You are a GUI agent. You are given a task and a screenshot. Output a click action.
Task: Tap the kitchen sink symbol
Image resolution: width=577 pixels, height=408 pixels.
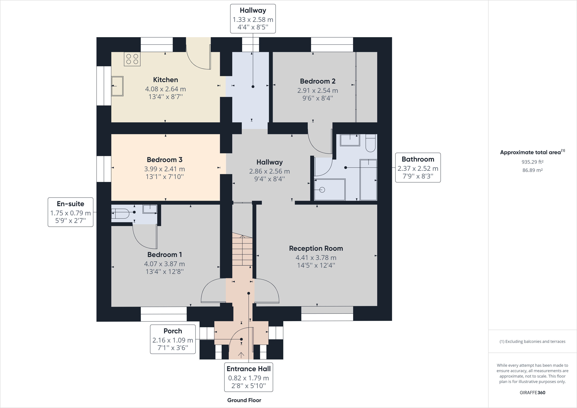(x=117, y=86)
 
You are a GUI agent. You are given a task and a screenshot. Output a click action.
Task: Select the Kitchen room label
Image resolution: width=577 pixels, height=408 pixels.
(x=165, y=80)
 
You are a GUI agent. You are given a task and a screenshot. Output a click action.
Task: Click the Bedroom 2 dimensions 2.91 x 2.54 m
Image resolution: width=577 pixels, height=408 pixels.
(x=317, y=90)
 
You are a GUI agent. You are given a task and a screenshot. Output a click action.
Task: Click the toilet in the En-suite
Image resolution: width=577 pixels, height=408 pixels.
(x=121, y=213)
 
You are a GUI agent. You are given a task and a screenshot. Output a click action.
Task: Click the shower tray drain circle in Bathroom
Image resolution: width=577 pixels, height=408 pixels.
(x=322, y=190)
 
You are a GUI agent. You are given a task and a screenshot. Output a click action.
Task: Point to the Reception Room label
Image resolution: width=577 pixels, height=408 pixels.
(x=316, y=248)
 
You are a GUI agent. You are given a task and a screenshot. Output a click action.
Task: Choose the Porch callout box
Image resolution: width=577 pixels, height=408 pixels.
(x=173, y=339)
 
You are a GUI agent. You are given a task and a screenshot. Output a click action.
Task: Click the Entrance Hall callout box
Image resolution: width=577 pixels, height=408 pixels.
(x=248, y=377)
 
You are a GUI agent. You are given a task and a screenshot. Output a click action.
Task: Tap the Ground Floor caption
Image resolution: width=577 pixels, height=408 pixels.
(x=244, y=400)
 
